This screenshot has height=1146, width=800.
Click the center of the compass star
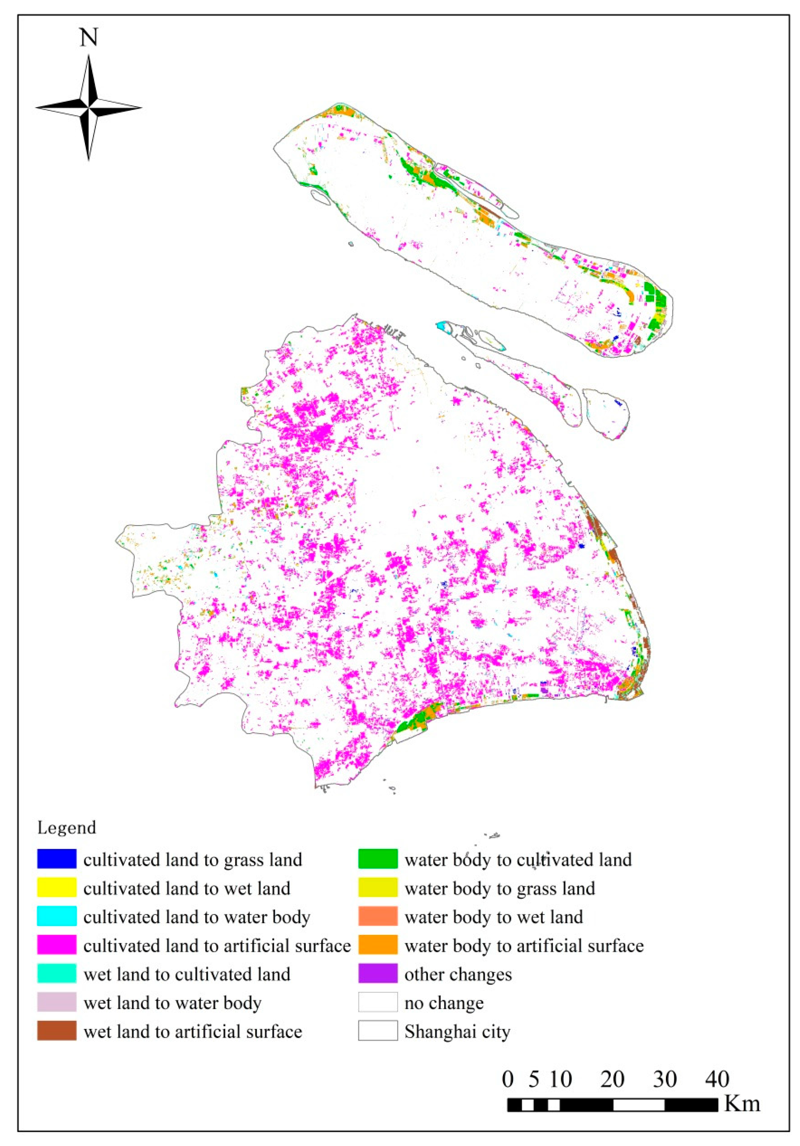89,107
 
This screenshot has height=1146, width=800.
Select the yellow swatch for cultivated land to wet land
56,887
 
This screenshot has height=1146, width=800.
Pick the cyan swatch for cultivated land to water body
56,916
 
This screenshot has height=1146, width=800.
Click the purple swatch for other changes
378,973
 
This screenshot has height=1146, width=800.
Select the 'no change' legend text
444,1003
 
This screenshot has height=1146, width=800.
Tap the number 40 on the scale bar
717,1079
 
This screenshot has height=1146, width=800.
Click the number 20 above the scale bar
612,1079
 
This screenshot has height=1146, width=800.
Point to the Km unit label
742,1103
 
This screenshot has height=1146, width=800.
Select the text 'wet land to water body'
172,1003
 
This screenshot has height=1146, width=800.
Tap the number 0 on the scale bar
508,1079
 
